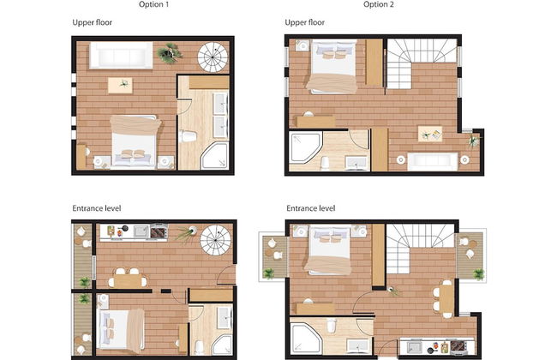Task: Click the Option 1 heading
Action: tap(153, 4)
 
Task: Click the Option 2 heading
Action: tap(378, 4)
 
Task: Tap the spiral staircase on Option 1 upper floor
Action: tap(213, 57)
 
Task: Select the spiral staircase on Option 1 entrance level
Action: tap(215, 240)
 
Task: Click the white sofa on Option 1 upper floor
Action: tap(121, 55)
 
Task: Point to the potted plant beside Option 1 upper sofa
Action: tap(170, 53)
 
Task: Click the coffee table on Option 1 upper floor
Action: tap(120, 86)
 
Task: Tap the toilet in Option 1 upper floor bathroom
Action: tap(189, 136)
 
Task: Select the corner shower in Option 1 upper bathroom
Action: tap(214, 156)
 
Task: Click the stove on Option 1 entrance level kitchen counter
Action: tap(159, 231)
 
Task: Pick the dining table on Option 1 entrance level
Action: tap(128, 281)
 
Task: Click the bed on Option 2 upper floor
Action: tap(332, 67)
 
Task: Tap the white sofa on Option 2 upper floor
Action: tap(432, 161)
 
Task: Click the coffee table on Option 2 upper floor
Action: tap(430, 134)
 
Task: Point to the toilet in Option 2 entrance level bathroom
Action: tap(332, 326)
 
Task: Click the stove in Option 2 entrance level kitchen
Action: tap(458, 347)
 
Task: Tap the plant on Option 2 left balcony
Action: tap(269, 273)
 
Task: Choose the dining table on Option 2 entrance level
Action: tap(446, 299)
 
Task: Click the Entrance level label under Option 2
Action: tap(311, 208)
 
